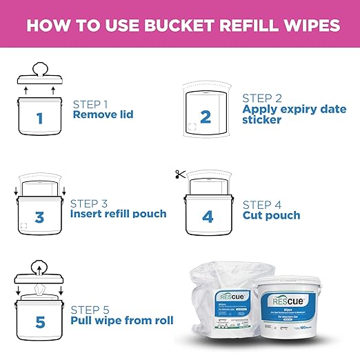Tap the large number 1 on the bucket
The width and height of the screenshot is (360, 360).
[x=39, y=118]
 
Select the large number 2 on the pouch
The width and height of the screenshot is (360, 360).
[x=205, y=117]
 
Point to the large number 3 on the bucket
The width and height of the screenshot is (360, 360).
[x=39, y=218]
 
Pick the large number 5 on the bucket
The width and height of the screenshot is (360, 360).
[x=39, y=321]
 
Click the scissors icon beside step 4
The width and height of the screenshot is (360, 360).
[x=181, y=175]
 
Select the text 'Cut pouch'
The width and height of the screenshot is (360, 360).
[x=271, y=215]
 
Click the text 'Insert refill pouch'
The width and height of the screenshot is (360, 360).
[x=119, y=214]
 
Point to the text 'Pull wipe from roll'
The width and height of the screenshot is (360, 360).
[x=123, y=321]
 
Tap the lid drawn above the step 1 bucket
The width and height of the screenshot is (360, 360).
[x=39, y=74]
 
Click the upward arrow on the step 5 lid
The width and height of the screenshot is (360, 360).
[x=39, y=269]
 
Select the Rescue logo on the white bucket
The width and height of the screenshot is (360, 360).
[x=294, y=300]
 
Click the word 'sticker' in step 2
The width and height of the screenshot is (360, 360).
[x=263, y=121]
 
